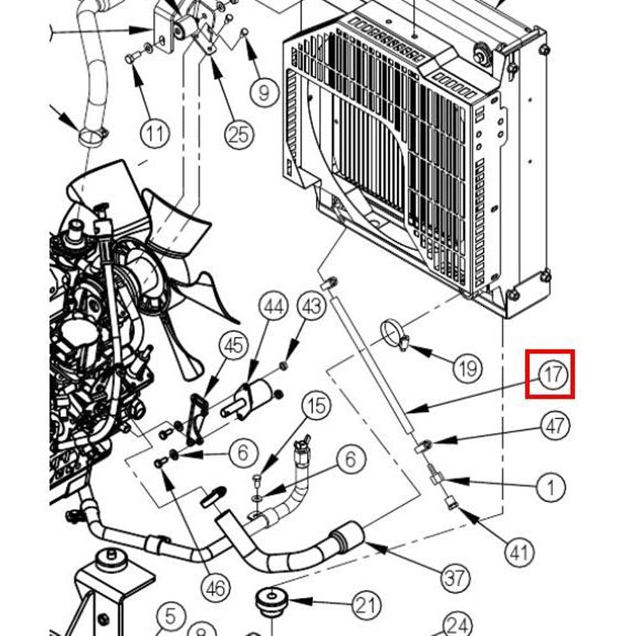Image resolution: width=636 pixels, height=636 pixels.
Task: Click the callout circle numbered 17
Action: tap(551, 374)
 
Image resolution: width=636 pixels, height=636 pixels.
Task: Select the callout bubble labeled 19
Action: tap(467, 367)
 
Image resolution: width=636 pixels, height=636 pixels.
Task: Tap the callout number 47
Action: tap(555, 425)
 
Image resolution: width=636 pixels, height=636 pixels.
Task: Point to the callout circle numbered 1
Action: tap(551, 488)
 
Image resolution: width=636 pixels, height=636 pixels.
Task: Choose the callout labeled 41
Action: tap(520, 551)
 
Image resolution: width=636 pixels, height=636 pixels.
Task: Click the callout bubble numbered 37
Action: tap(456, 578)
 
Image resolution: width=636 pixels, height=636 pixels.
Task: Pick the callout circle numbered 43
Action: tap(313, 307)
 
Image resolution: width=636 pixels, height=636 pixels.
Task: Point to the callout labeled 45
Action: tap(233, 346)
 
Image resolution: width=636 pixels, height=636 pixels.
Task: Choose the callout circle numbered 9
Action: tap(264, 92)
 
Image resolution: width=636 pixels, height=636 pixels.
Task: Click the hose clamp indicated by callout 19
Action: tap(394, 335)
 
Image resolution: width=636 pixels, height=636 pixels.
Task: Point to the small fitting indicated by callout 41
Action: tap(451, 503)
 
